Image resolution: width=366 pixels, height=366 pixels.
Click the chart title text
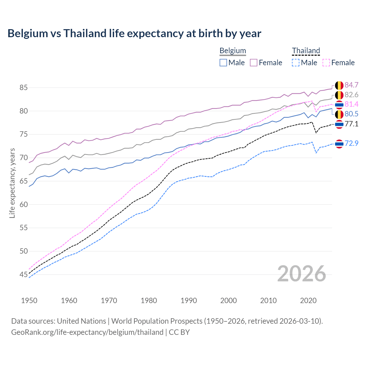pos(134,33)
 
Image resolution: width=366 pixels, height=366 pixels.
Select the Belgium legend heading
pos(232,51)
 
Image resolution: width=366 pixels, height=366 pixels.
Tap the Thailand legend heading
pos(306,51)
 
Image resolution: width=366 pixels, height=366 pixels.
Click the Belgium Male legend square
pos(223,63)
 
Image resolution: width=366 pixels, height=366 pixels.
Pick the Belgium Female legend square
pos(254,63)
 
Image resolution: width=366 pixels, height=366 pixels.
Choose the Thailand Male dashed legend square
pos(296,63)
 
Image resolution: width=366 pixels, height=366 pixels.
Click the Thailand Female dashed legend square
pos(326,63)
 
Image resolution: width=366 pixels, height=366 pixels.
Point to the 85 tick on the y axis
pos(23,87)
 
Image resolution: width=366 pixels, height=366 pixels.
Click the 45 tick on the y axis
pos(23,275)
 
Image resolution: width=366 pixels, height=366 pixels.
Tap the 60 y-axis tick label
pos(23,204)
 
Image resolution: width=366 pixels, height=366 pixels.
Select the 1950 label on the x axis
pos(29,301)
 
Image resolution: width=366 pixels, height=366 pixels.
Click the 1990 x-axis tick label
pos(189,301)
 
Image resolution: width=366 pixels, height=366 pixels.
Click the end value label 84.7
pos(351,85)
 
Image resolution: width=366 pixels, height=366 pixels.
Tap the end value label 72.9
pos(351,144)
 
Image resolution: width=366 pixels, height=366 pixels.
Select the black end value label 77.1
pos(351,124)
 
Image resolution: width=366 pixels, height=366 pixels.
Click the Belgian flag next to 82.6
pos(339,95)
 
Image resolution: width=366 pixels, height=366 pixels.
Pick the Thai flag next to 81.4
pos(339,105)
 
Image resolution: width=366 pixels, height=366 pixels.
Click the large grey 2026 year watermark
pos(302,274)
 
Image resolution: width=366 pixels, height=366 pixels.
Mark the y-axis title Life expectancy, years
pos(12,183)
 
